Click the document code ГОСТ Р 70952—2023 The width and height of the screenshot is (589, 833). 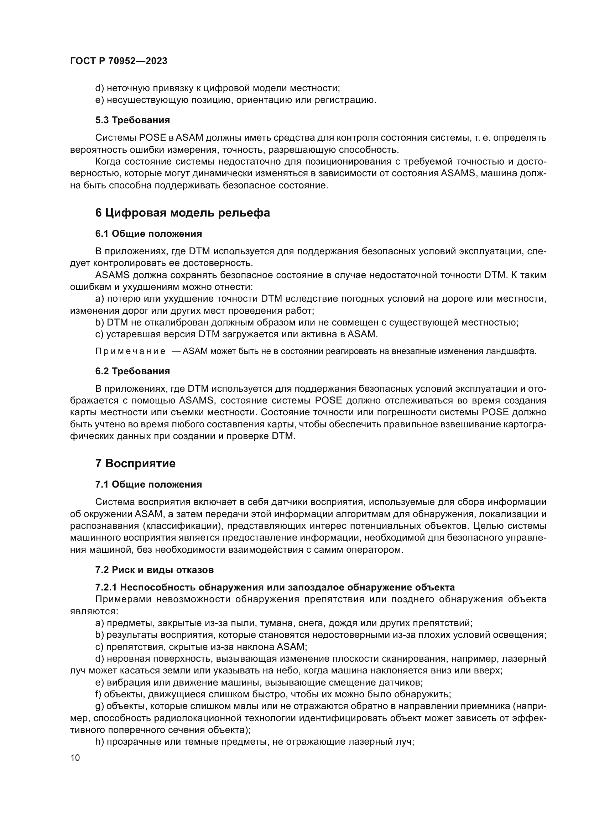tap(119, 61)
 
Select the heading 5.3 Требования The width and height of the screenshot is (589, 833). tap(132, 120)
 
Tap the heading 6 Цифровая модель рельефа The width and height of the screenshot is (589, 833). tap(182, 213)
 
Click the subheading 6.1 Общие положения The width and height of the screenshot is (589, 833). tap(148, 234)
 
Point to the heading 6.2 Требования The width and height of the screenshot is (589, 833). tap(132, 371)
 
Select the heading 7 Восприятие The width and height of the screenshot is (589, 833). tap(135, 463)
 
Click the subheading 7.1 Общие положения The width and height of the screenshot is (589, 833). tap(148, 484)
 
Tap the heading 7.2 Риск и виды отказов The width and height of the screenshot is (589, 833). tap(155, 569)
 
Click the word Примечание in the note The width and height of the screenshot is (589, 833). tap(130, 352)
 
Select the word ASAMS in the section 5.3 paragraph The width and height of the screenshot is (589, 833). tap(458, 173)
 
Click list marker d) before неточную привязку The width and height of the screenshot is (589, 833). tap(99, 88)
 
